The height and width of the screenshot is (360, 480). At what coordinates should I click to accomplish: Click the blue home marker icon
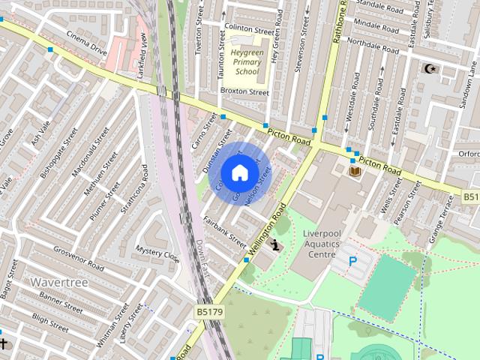point(238,172)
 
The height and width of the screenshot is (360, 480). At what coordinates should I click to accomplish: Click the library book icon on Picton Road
point(355,172)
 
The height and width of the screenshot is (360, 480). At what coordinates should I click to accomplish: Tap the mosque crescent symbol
point(430,69)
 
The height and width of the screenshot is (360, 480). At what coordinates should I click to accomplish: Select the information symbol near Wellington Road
point(276,244)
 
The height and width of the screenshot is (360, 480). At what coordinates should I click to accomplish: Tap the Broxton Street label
point(244,92)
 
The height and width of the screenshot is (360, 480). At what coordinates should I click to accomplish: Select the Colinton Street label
point(250,31)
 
